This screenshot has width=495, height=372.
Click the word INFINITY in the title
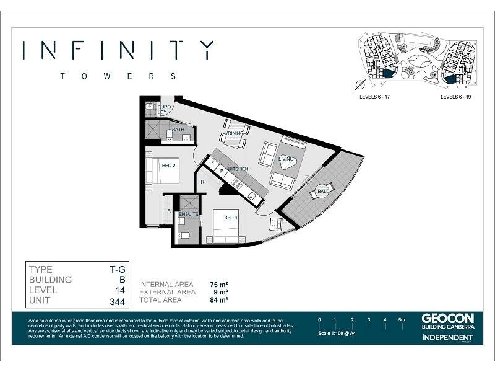tap(118, 50)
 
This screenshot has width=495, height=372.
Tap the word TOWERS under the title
tap(118, 76)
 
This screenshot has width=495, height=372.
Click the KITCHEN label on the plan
tap(238, 169)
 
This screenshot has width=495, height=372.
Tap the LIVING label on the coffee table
tap(286, 159)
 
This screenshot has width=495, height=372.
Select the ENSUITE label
tap(187, 215)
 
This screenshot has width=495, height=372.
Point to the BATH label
tap(178, 130)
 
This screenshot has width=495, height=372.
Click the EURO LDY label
tap(164, 110)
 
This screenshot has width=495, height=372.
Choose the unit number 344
tap(117, 302)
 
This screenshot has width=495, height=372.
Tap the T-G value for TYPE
tap(118, 270)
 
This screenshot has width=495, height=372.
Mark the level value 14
tap(120, 291)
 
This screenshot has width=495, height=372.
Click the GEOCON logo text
tap(447, 318)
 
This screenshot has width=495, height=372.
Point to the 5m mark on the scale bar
tap(402, 319)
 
